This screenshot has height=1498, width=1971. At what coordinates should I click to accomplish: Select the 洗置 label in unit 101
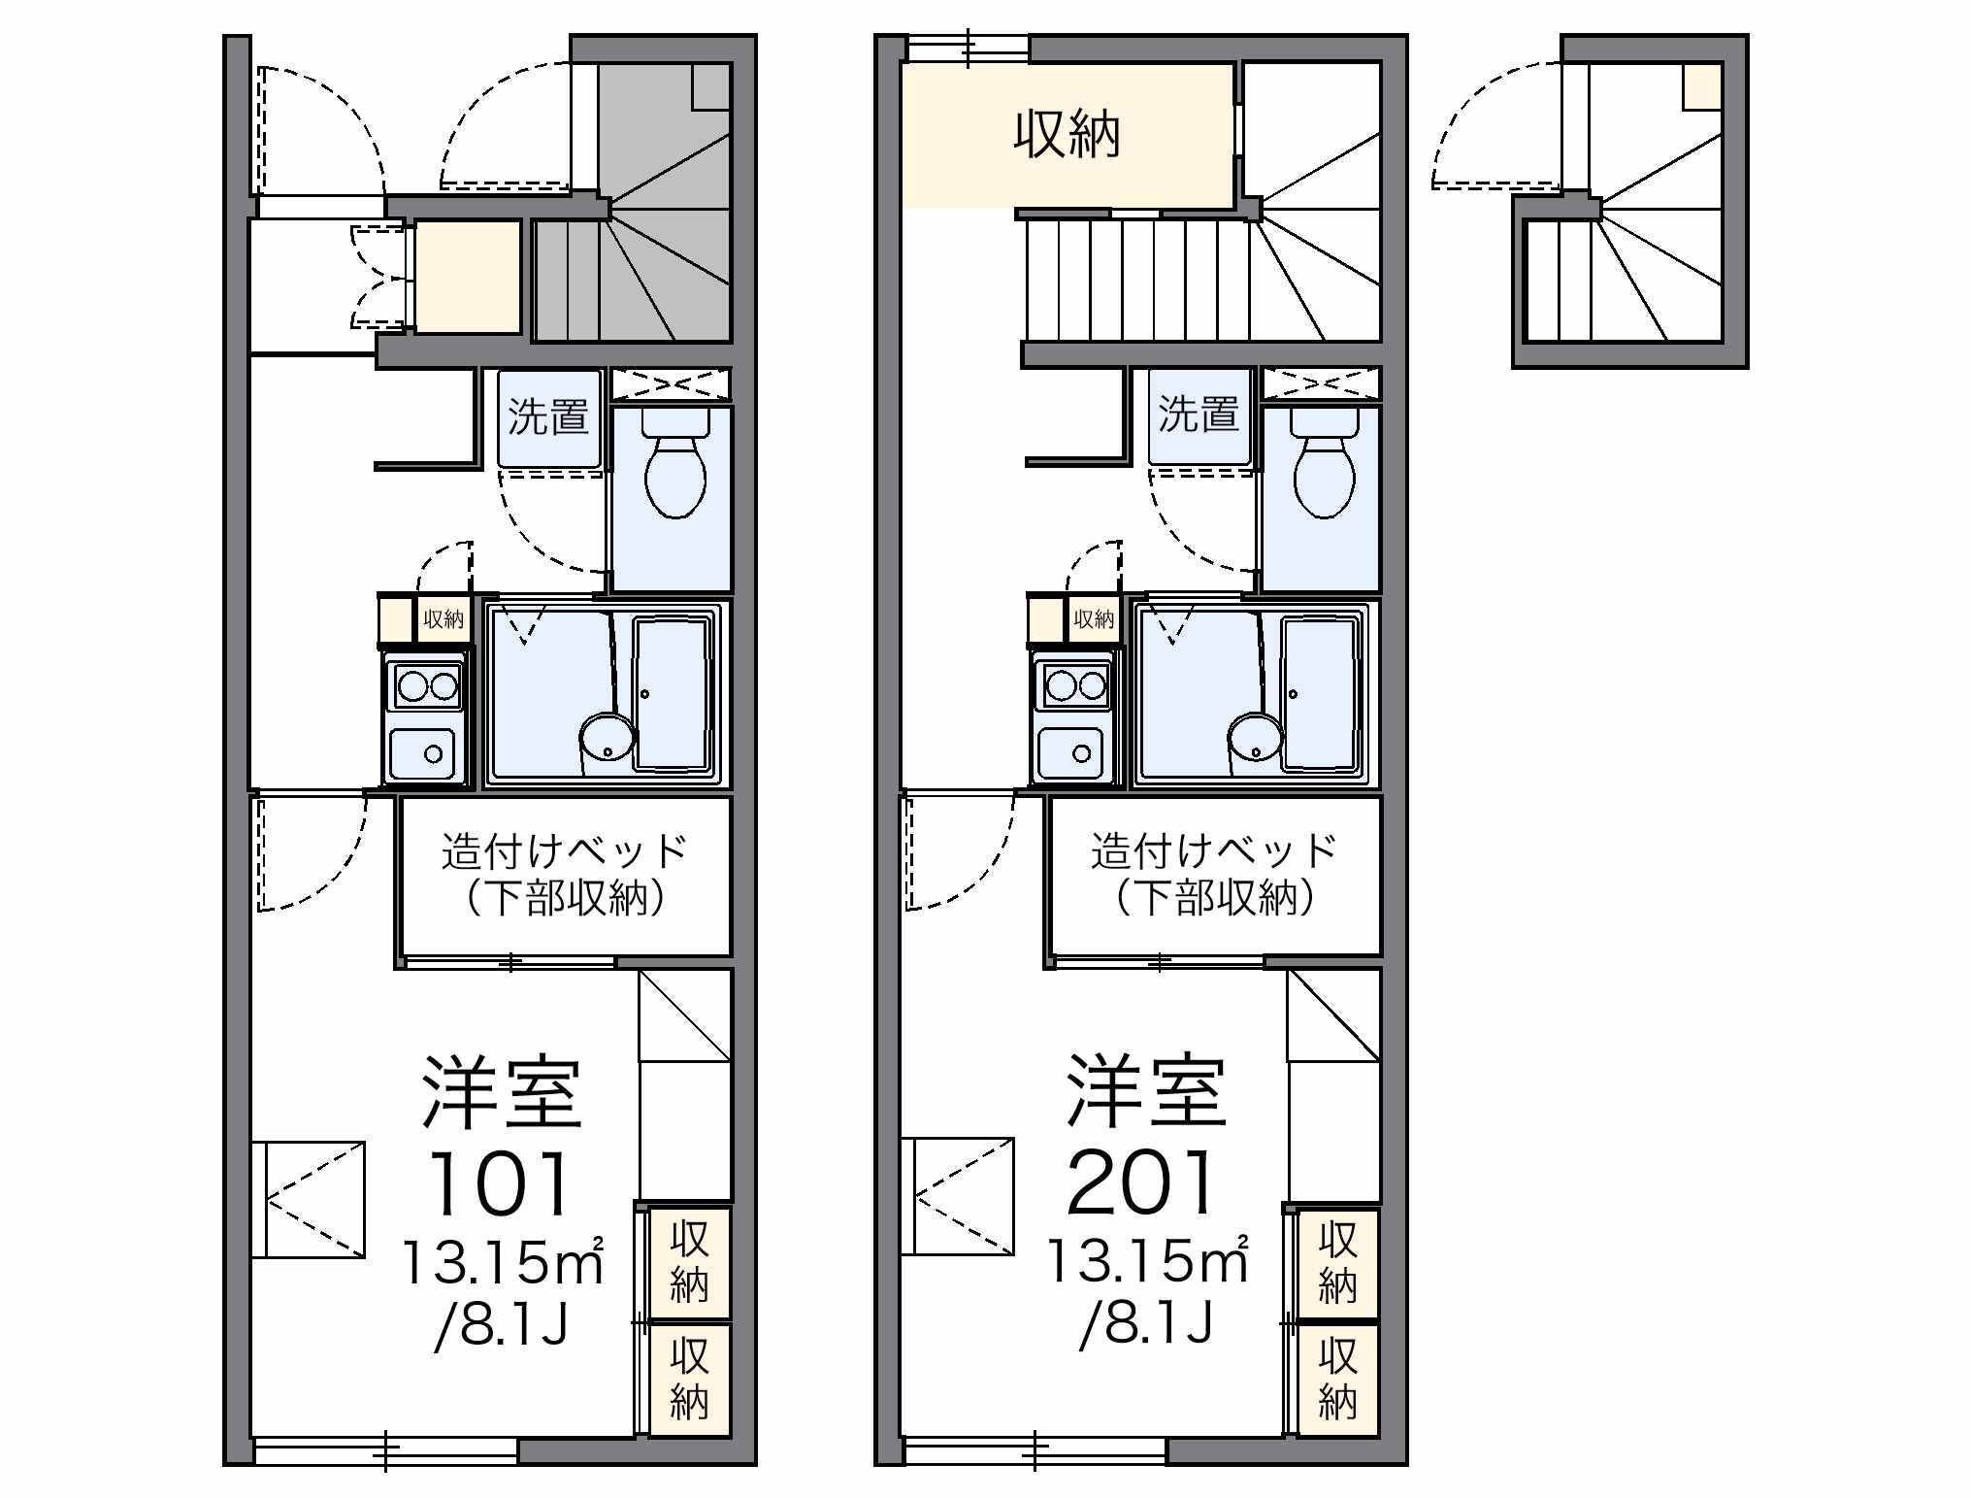click(x=548, y=416)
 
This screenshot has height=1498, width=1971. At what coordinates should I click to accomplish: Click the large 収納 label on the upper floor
click(x=1067, y=135)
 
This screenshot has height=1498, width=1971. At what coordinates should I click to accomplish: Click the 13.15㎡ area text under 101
click(x=503, y=1261)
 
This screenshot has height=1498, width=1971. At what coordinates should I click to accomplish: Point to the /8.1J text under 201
click(x=1146, y=1322)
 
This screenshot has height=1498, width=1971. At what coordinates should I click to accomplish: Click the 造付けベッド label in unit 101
click(x=565, y=851)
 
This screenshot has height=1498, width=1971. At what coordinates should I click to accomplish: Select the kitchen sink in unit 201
click(x=1071, y=753)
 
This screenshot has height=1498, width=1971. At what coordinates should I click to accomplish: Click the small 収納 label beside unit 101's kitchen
click(x=443, y=618)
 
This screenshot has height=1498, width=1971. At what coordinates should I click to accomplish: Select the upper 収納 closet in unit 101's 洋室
click(x=689, y=1263)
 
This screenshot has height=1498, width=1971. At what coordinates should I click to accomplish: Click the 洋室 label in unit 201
click(x=1146, y=1092)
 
